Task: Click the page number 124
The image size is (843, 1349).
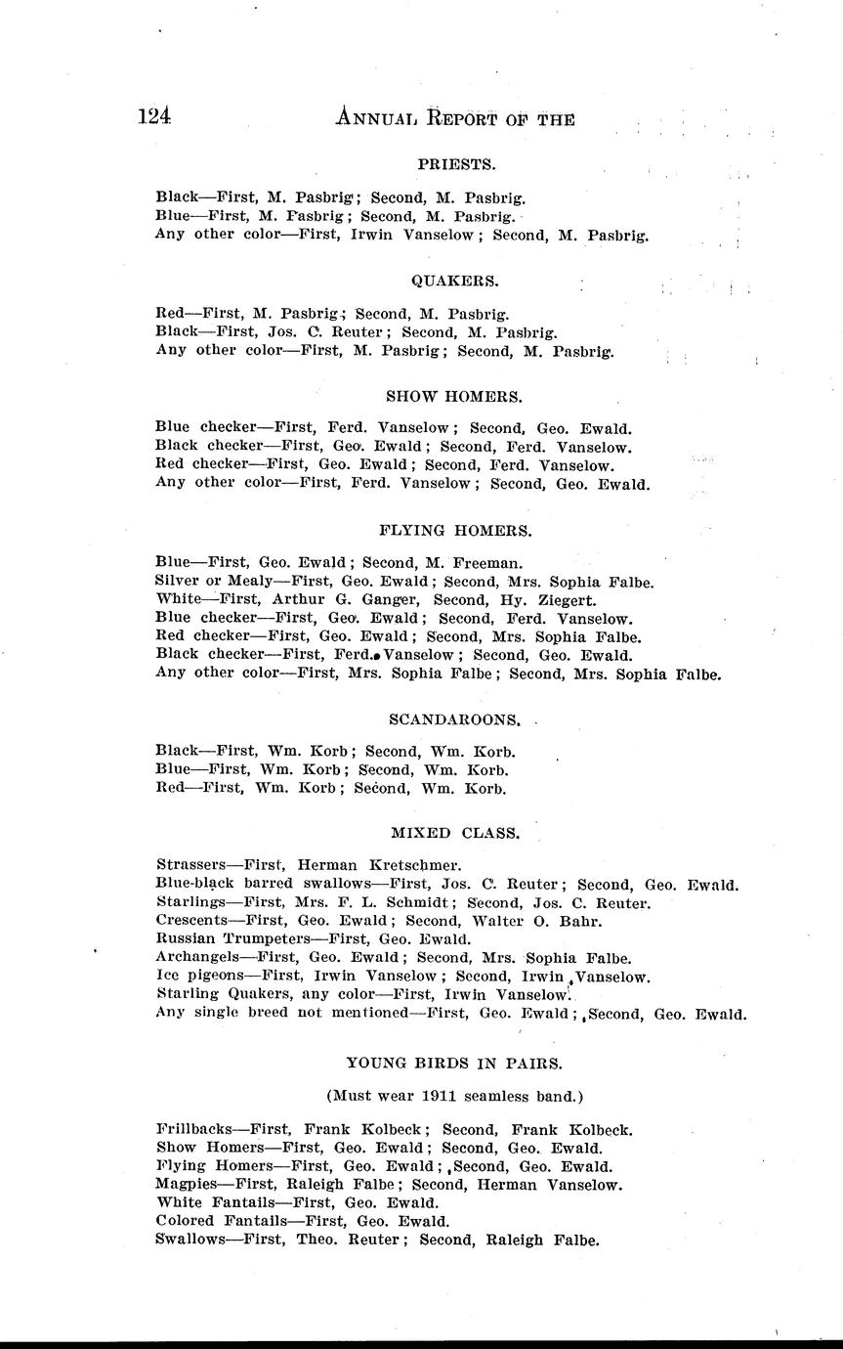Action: pos(154,117)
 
